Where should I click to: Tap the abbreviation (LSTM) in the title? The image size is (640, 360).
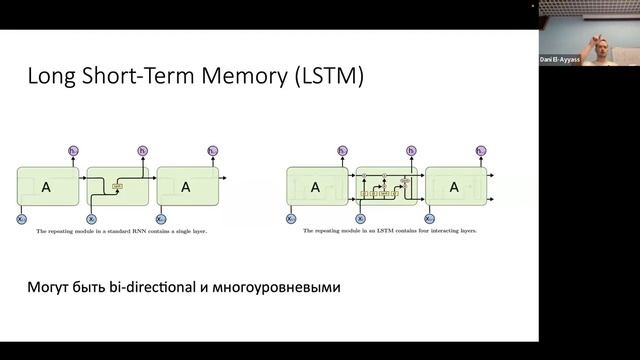321,77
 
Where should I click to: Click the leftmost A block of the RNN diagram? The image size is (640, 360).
46,186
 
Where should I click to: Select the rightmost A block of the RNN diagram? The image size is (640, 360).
187,186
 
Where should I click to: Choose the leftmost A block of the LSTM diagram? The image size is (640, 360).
316,186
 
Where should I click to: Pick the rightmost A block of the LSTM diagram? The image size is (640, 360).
455,186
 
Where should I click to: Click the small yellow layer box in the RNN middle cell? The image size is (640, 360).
117,186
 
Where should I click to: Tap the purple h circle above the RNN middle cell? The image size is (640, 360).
142,151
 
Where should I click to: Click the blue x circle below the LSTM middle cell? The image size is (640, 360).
360,218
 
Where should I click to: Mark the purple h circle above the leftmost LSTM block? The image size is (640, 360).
342,151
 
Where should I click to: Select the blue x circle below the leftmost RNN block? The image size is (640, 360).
21,218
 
